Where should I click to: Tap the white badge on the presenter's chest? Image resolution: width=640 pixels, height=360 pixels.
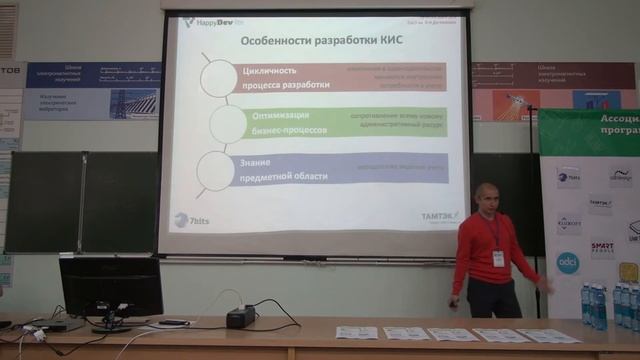pyautogui.click(x=497, y=258)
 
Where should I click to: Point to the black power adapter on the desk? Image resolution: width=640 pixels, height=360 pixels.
pyautogui.click(x=240, y=316)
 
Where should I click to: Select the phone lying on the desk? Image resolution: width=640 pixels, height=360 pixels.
pyautogui.click(x=173, y=322)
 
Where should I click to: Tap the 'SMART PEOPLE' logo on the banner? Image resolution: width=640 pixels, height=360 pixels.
pyautogui.click(x=602, y=250)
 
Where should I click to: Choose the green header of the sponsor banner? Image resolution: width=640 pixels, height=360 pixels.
pyautogui.click(x=590, y=130)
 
